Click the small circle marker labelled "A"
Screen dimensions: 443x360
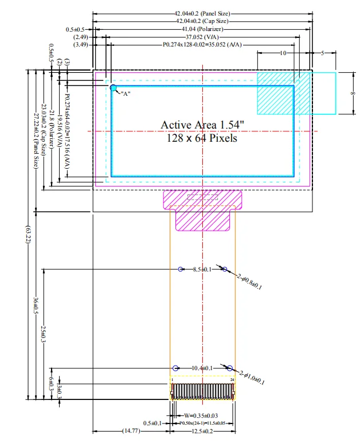pos(113,87)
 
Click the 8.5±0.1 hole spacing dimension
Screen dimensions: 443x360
pos(202,269)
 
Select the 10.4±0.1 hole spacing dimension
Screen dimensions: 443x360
pos(202,368)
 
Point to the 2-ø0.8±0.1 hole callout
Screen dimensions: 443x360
pos(249,282)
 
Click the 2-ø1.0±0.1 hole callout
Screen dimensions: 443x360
pos(252,378)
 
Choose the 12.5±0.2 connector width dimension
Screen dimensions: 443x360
pos(202,432)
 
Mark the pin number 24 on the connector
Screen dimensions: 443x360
pos(232,380)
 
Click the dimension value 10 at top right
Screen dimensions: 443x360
pos(283,53)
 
